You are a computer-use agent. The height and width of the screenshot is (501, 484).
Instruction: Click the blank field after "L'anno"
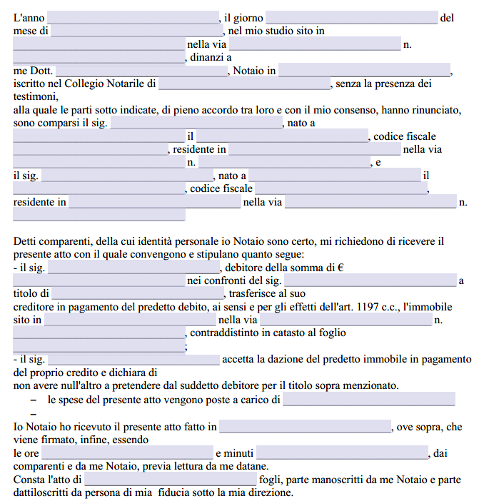133,19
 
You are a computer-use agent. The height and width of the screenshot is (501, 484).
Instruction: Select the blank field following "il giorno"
351,19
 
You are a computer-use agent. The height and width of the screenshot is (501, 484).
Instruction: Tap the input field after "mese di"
138,31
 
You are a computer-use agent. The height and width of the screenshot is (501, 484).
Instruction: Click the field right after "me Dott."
141,71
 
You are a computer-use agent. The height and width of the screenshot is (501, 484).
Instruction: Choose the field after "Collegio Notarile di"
244,84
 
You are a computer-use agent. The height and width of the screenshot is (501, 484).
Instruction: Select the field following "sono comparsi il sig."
197,123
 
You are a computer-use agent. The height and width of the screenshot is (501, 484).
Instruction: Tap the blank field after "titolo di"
138,294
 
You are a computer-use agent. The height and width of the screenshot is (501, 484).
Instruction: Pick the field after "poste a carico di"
368,400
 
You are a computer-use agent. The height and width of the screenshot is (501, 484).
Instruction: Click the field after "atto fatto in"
305,427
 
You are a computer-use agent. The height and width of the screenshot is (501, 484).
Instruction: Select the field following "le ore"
128,453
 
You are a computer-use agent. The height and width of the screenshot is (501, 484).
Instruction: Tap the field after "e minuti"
342,453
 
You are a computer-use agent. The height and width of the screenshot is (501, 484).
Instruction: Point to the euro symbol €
341,268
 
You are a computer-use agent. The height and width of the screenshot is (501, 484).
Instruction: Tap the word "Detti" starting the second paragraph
26,242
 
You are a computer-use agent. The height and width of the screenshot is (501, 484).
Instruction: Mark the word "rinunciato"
438,111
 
